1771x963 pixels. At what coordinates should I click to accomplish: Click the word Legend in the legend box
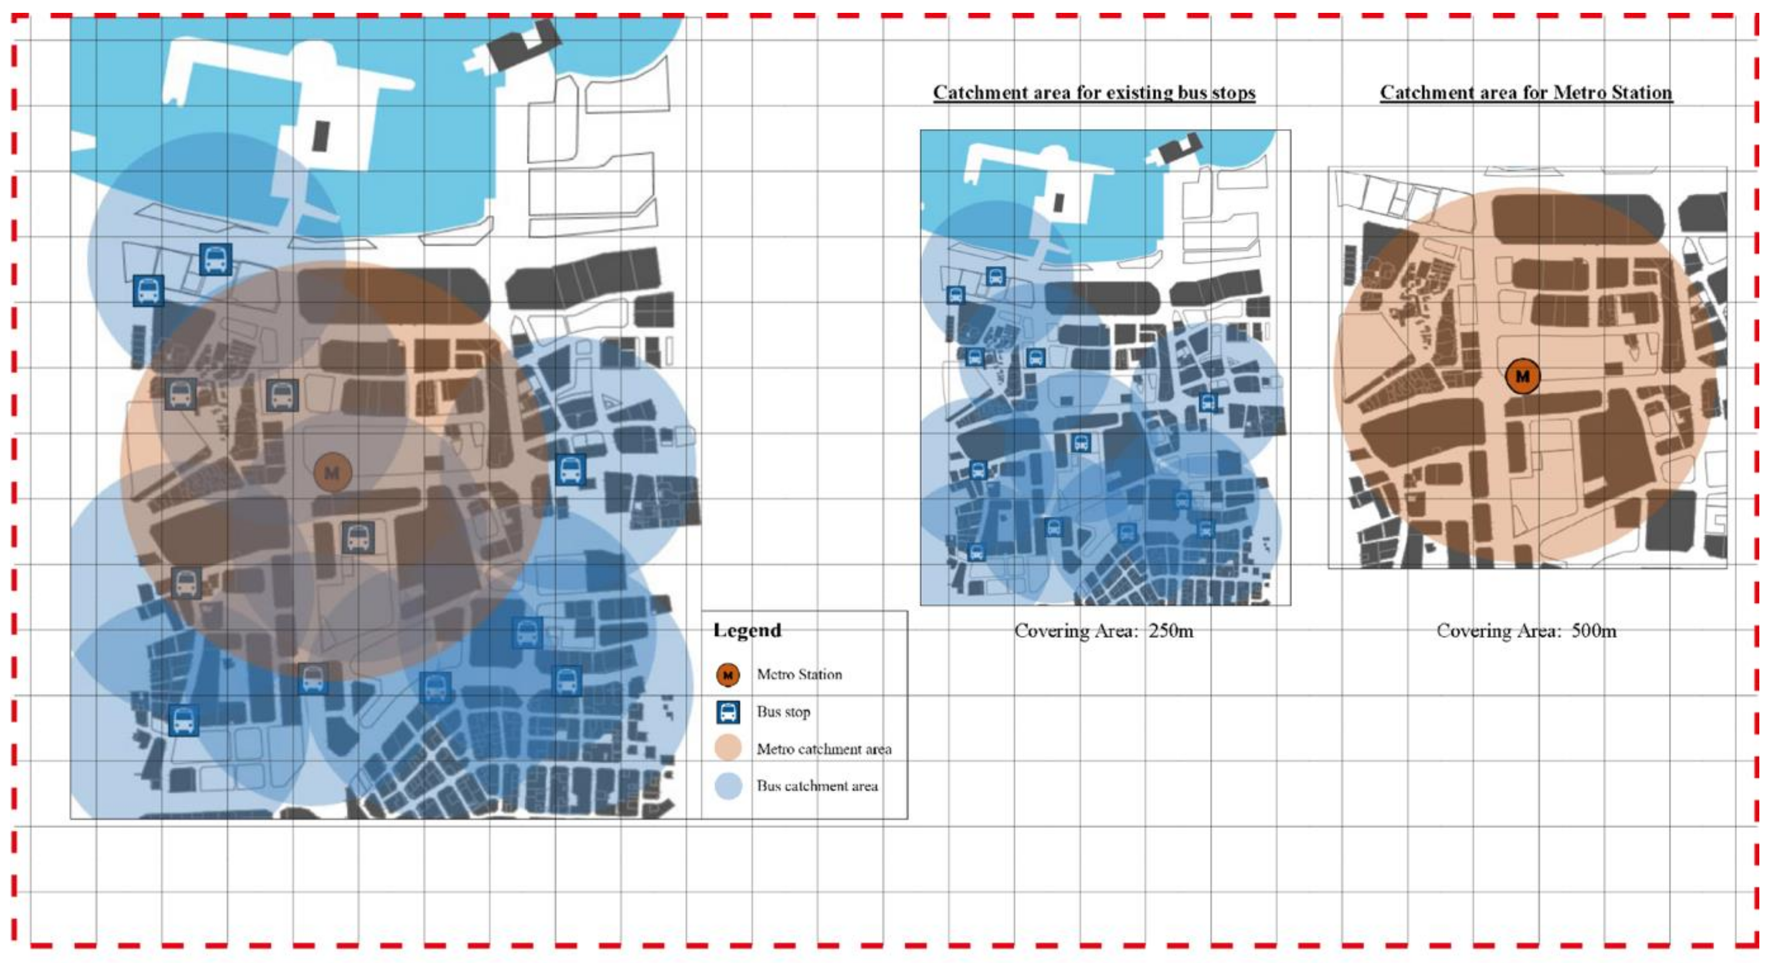click(x=747, y=630)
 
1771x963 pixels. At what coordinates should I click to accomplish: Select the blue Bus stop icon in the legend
click(x=728, y=712)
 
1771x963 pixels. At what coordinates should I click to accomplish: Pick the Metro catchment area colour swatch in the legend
click(x=728, y=748)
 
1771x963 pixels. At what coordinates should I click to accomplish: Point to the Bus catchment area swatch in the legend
click(x=728, y=786)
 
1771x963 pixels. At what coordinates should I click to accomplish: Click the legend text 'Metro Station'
click(x=799, y=674)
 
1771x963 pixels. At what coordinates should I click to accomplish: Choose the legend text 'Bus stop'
click(x=783, y=712)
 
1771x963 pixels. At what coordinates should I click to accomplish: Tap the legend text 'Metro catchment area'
click(x=824, y=748)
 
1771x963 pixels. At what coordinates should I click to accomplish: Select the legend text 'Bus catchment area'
click(x=817, y=786)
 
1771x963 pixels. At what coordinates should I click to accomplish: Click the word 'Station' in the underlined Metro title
click(x=1640, y=93)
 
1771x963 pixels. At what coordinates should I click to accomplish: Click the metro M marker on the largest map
click(x=333, y=473)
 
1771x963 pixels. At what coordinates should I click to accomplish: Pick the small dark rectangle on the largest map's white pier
click(x=321, y=136)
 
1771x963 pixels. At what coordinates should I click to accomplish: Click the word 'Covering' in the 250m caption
click(x=1044, y=631)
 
